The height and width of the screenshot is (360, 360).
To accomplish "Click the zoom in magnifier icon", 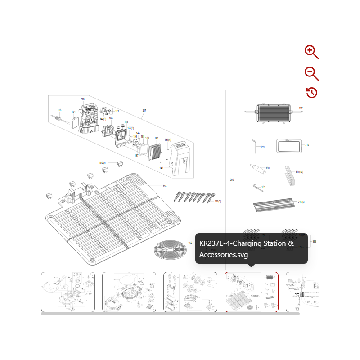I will (311, 52).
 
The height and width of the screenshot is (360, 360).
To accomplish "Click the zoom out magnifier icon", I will (311, 73).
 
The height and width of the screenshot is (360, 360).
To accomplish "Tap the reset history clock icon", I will (312, 93).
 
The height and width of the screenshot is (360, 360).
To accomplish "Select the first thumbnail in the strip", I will (68, 292).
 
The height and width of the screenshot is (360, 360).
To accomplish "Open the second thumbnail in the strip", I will (129, 292).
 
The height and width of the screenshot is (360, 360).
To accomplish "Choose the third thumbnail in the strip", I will (190, 292).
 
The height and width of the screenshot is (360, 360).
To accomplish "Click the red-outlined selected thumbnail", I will (252, 292).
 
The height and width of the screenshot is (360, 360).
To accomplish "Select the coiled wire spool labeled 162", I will (170, 249).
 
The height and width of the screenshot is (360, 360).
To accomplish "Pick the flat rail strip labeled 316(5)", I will (274, 206).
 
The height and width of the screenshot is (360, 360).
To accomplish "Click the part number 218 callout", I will (82, 99).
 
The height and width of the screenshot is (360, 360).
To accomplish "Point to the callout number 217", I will (144, 111).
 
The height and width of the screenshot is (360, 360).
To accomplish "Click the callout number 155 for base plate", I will (164, 186).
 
